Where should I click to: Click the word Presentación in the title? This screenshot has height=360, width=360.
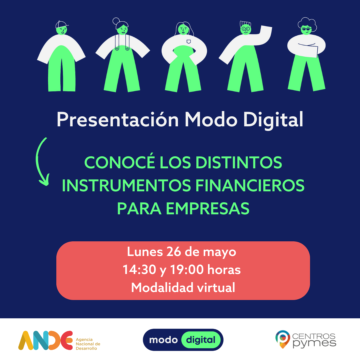pyautogui.click(x=118, y=119)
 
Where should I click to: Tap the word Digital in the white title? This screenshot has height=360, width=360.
pyautogui.click(x=273, y=120)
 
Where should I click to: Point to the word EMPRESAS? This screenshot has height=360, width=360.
pyautogui.click(x=208, y=208)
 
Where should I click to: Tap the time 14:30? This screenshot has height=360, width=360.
pyautogui.click(x=139, y=270)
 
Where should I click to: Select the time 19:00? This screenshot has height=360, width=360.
pyautogui.click(x=187, y=270)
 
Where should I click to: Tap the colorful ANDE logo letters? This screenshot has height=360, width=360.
pyautogui.click(x=45, y=340)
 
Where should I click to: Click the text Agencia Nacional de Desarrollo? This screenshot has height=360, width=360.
pyautogui.click(x=88, y=344)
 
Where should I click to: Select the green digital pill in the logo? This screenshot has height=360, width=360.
pyautogui.click(x=201, y=340)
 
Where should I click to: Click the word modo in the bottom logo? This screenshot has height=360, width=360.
pyautogui.click(x=163, y=340)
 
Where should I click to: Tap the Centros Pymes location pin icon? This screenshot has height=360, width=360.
pyautogui.click(x=283, y=339)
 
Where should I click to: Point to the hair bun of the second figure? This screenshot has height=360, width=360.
pyautogui.click(x=116, y=21)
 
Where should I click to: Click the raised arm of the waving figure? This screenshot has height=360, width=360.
pyautogui.click(x=264, y=35)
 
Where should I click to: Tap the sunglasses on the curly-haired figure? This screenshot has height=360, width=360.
pyautogui.click(x=306, y=29)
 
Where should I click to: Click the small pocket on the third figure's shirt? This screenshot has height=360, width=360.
pyautogui.click(x=189, y=42)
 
